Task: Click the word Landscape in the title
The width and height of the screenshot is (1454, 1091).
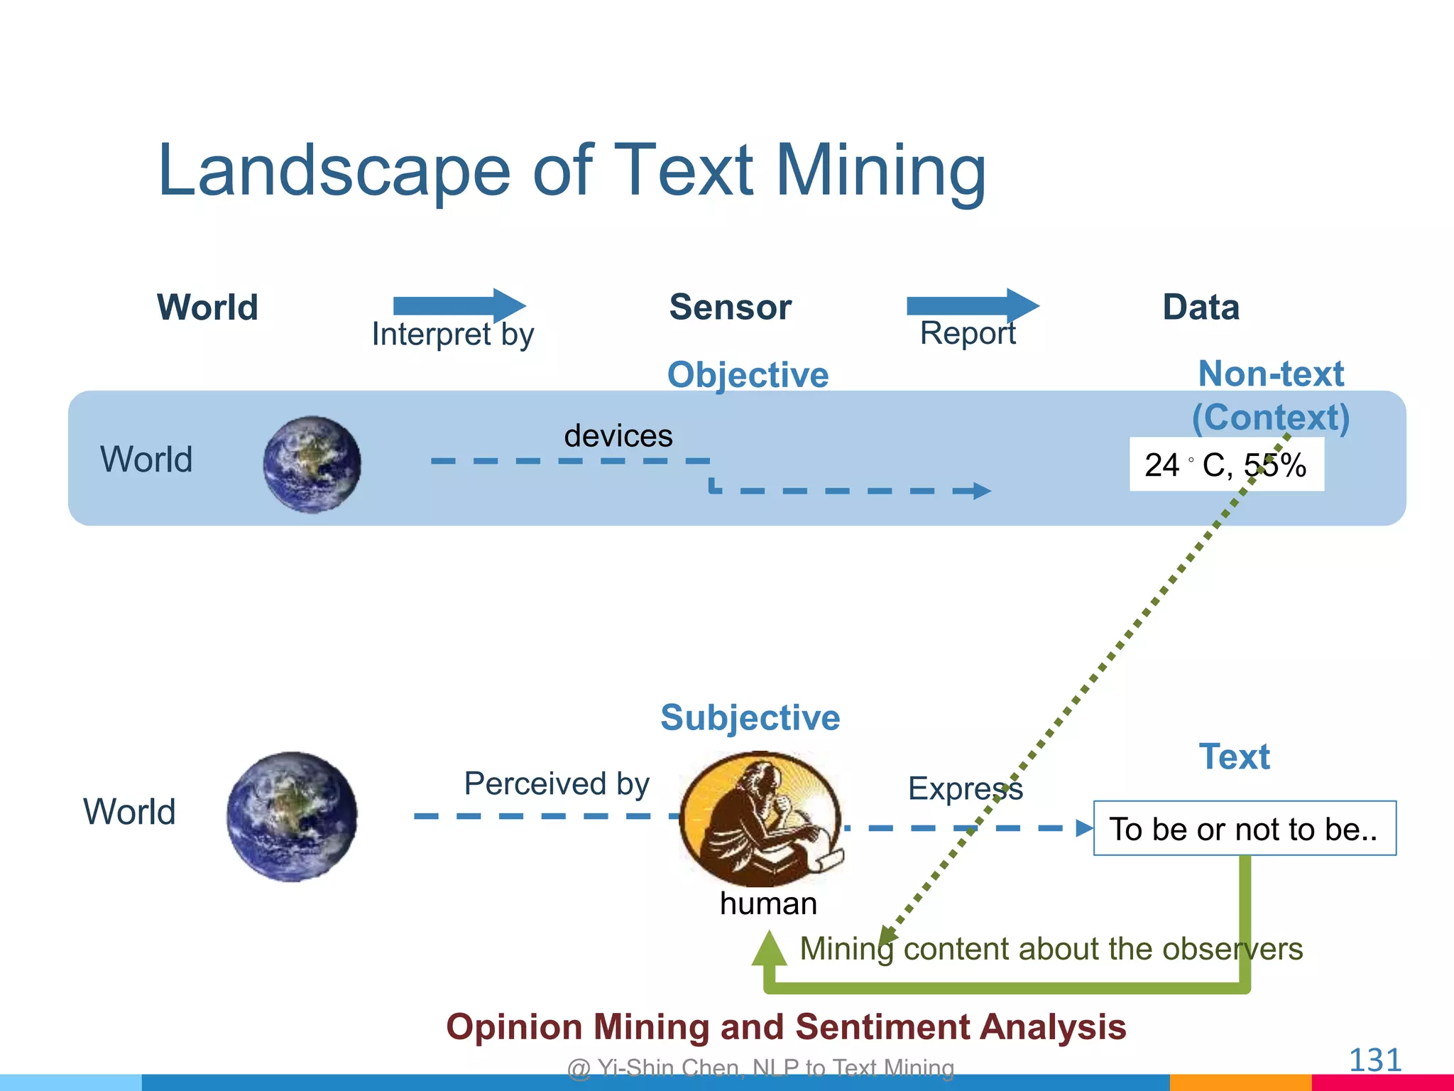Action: pos(334,170)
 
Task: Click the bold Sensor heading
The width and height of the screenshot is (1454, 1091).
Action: pos(730,308)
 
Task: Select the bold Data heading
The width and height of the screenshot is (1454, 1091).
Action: pos(1201,308)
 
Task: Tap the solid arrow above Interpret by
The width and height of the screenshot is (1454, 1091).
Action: pos(459,305)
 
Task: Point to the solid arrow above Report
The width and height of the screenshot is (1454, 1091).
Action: pos(972,305)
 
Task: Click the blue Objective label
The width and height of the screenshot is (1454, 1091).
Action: pos(748,374)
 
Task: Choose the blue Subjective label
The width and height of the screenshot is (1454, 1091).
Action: pos(750,717)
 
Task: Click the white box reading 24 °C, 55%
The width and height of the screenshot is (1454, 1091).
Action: pos(1226,465)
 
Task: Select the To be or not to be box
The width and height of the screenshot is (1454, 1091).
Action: pos(1244,829)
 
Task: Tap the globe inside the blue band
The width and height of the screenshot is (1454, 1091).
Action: pos(312,465)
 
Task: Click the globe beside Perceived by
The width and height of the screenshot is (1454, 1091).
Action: pos(292,817)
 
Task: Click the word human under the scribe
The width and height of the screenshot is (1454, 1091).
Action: pos(768,904)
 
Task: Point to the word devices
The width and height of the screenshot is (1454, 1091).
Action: pos(618,435)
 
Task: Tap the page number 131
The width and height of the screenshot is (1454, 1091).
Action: pos(1374,1060)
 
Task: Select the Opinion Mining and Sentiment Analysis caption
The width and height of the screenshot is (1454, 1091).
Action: pos(786,1027)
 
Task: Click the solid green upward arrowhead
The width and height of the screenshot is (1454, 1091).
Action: pos(770,949)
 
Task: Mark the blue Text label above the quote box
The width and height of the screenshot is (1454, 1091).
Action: pos(1234,756)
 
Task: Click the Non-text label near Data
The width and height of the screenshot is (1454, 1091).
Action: pos(1270,374)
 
